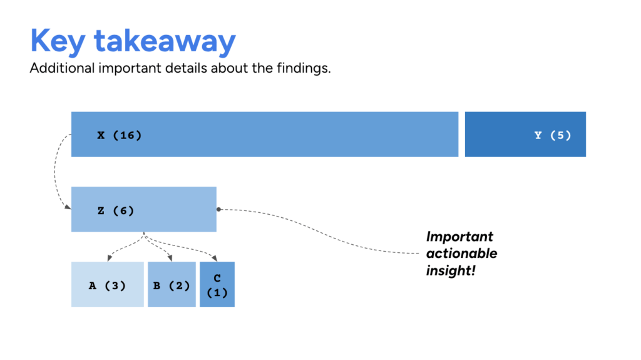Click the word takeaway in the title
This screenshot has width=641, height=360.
(x=165, y=41)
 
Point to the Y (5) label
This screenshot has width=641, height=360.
(x=553, y=135)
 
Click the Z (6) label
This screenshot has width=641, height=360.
(x=116, y=211)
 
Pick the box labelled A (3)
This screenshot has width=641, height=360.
(x=108, y=285)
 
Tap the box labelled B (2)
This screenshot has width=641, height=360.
(x=171, y=285)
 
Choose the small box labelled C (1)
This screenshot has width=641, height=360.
(x=217, y=285)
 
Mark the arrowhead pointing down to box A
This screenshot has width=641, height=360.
(x=109, y=257)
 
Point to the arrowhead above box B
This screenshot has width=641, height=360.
(x=170, y=257)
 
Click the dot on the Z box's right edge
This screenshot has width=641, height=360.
(x=218, y=209)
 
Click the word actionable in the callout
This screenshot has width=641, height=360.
(x=461, y=254)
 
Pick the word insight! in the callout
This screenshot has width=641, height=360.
(x=451, y=270)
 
